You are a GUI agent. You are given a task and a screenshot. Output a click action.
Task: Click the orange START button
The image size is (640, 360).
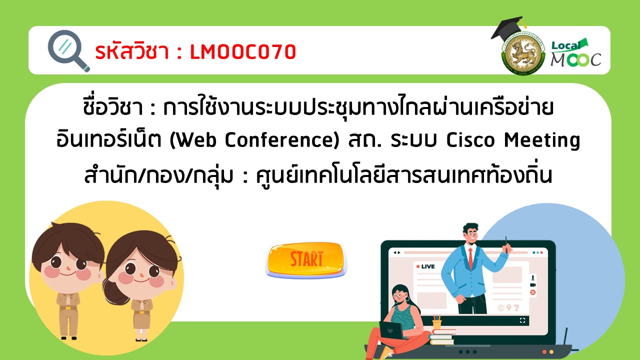point(306,259)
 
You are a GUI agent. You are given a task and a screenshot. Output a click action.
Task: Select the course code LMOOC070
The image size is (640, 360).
point(243,52)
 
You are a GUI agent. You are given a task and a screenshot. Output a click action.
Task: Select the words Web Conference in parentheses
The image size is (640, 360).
point(254,140)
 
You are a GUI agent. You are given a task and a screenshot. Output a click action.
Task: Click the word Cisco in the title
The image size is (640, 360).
point(470,140)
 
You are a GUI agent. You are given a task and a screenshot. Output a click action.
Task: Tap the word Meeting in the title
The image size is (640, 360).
point(541,140)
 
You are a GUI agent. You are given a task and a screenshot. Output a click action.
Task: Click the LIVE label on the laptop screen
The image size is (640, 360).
point(425,266)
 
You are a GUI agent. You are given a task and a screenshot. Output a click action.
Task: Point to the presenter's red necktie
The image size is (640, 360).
point(470,258)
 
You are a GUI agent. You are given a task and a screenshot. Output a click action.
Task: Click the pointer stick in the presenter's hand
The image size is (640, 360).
point(506,244)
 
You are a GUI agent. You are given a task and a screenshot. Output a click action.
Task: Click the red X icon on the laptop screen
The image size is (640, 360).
point(532,292)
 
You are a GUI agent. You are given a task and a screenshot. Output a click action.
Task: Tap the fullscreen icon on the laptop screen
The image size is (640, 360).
point(522,320)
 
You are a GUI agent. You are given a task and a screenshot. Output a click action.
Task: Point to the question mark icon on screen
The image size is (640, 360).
point(516,307)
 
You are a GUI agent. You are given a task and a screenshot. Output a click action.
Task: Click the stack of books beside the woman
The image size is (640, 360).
point(441,337)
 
